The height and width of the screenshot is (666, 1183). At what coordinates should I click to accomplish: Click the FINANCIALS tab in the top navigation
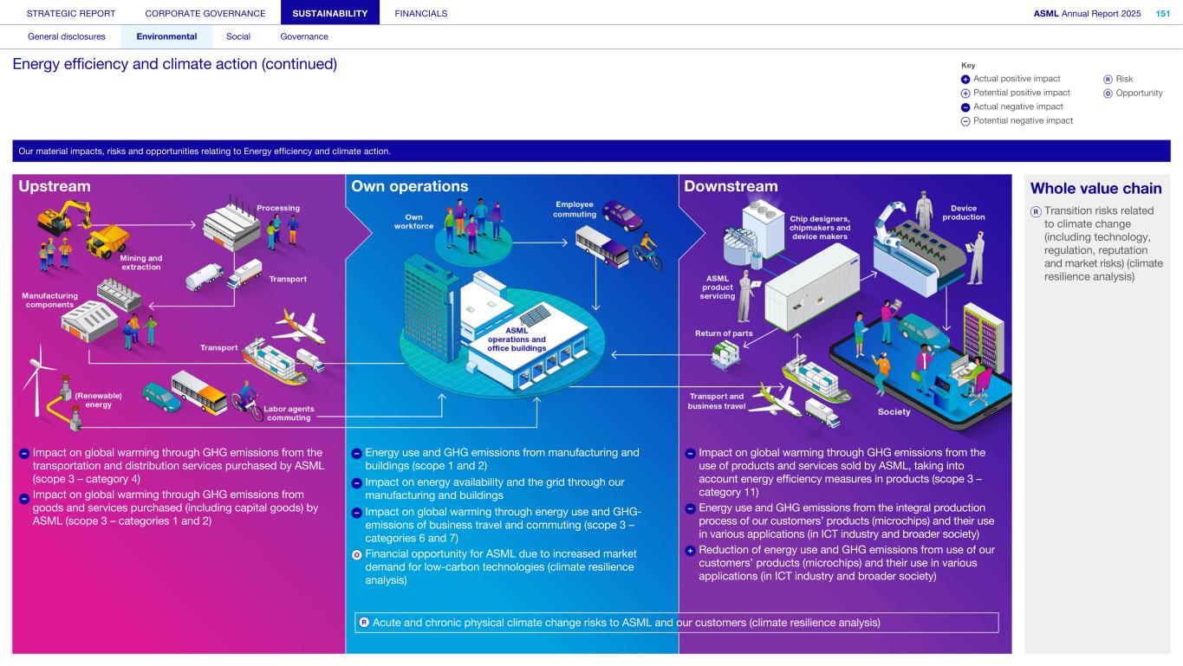(x=420, y=13)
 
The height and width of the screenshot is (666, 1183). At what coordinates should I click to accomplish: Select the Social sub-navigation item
(x=238, y=36)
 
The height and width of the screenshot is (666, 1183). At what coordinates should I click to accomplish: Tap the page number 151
(x=1163, y=13)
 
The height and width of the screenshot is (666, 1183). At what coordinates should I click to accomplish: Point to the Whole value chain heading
(x=1095, y=189)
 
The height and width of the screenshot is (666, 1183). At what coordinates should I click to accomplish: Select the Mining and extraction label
(x=140, y=262)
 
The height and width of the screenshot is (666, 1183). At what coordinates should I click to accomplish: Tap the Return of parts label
(x=724, y=333)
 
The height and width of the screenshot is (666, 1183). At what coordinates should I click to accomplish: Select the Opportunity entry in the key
(x=1139, y=93)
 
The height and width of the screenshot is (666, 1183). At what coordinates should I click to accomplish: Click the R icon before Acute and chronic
(x=364, y=622)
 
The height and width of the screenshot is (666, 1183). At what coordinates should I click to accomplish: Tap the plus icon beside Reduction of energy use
(x=690, y=550)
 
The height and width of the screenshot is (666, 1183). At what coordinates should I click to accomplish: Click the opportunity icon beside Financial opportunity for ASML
(x=356, y=553)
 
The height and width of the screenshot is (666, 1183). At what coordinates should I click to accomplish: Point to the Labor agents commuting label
(x=289, y=412)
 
